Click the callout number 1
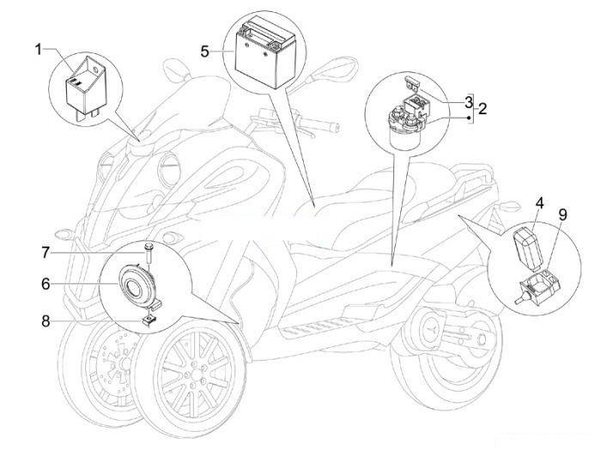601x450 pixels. tap(39, 50)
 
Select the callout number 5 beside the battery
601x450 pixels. tap(205, 52)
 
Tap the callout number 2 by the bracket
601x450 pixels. tap(483, 109)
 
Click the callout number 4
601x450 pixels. tap(540, 203)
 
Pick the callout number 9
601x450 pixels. tap(562, 215)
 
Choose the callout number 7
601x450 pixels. tap(46, 252)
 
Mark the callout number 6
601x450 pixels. tap(46, 284)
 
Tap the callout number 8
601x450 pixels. tap(46, 321)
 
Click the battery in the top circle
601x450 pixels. tap(265, 55)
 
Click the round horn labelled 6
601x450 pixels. tap(136, 287)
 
